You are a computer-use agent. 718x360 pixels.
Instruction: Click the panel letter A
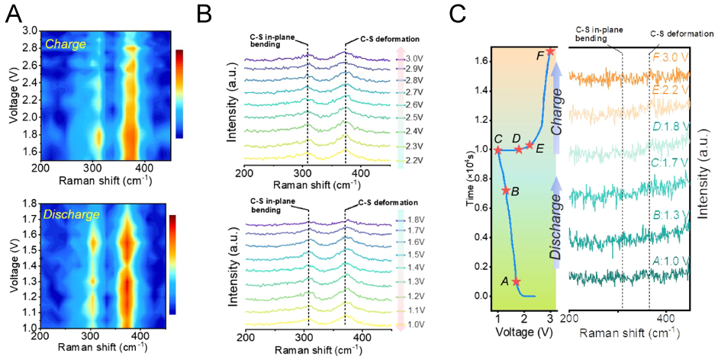(x=12, y=14)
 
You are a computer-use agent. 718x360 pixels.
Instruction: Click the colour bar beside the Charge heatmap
(x=179, y=93)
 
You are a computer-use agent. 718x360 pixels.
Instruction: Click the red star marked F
(x=551, y=51)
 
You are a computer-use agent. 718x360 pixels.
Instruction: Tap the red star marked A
(x=517, y=281)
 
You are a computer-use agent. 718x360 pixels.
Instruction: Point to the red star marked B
(x=506, y=191)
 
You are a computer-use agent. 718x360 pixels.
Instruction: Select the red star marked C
(x=498, y=150)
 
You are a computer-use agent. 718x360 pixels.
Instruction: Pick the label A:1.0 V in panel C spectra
(x=671, y=260)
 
